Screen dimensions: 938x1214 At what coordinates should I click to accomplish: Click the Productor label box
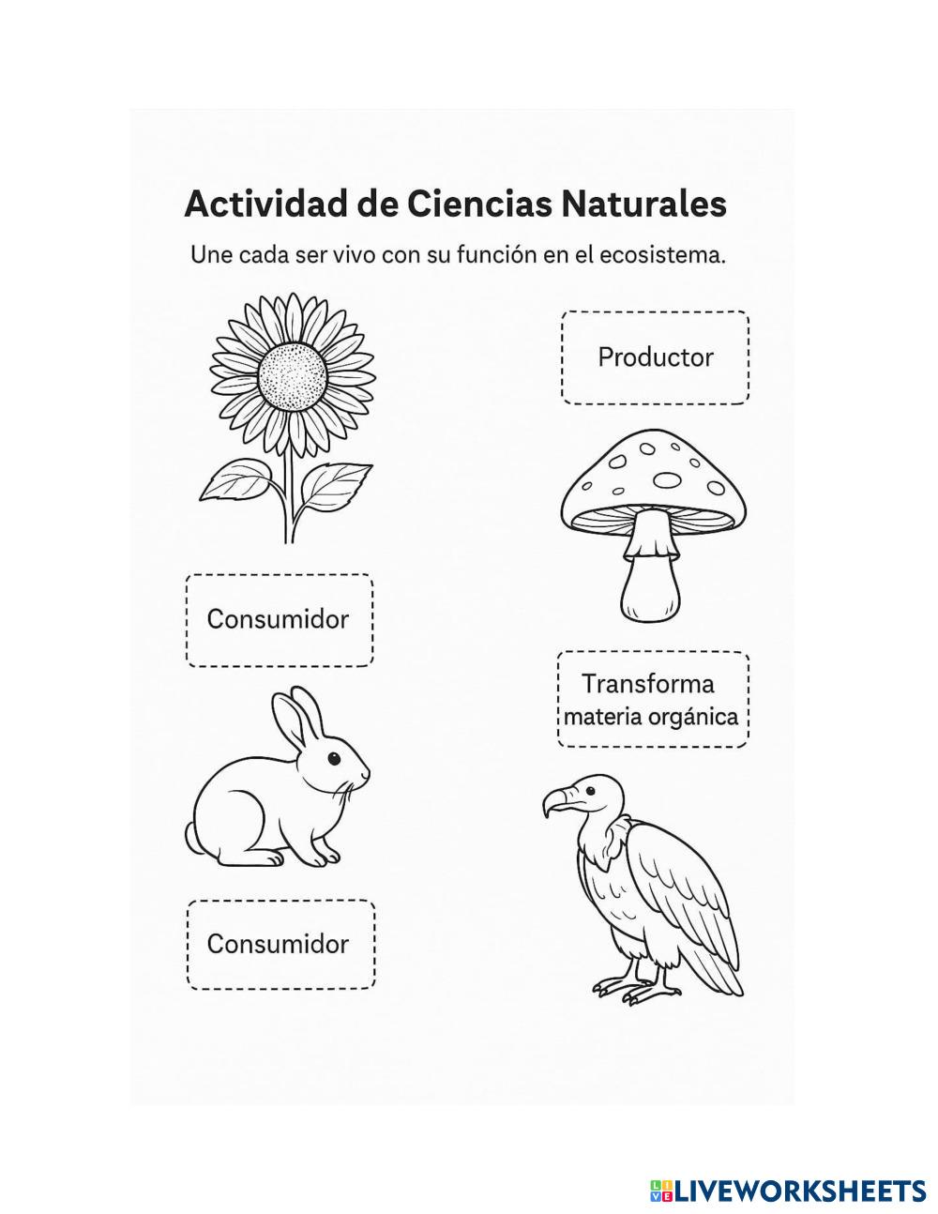click(x=655, y=357)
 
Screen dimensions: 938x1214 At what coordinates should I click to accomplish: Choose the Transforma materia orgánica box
click(x=652, y=700)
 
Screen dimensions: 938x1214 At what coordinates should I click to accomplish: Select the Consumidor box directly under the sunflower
click(x=279, y=619)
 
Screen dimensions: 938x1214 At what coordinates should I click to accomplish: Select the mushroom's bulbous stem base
click(x=651, y=589)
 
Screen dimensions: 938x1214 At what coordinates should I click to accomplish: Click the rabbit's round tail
click(x=192, y=835)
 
